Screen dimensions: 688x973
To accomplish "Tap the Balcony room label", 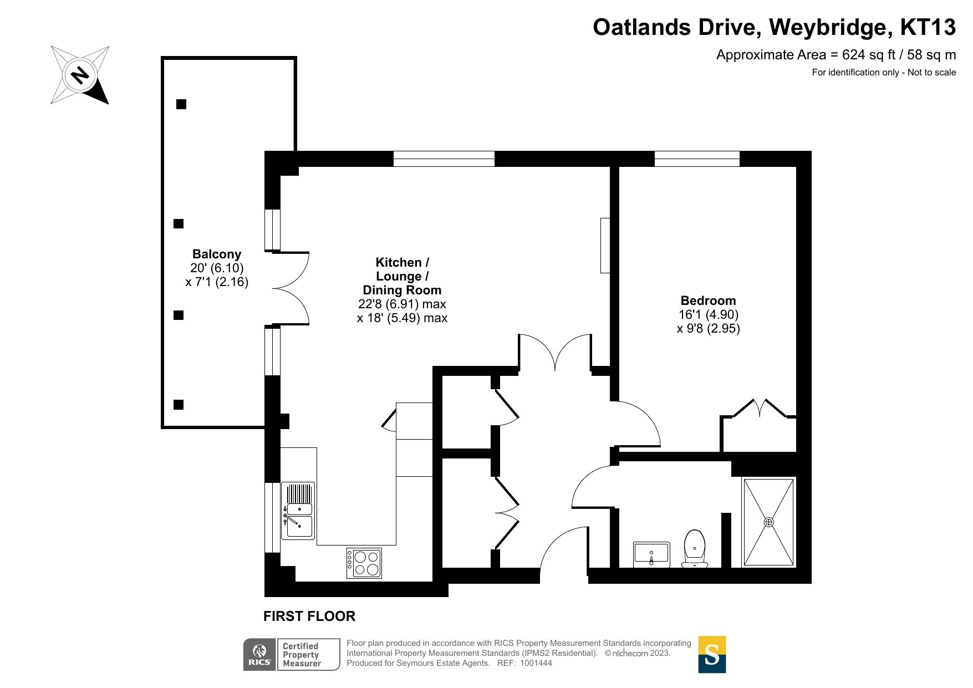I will tap(217, 254).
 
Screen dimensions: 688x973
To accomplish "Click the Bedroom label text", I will tap(708, 301).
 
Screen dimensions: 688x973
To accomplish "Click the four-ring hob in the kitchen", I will tap(364, 563).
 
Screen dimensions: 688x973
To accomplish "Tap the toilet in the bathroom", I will tap(695, 549).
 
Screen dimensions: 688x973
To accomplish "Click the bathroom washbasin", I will tap(651, 554).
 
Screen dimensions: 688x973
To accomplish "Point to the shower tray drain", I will tap(768, 522).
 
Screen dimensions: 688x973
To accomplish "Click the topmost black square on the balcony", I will tap(181, 104).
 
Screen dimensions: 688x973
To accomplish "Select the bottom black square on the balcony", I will tap(179, 405).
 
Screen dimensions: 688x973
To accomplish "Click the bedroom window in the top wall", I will tap(697, 159).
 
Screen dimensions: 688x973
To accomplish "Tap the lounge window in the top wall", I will tap(444, 159).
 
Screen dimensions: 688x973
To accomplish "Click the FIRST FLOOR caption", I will tap(309, 616).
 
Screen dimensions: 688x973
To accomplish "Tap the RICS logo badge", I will tap(259, 655).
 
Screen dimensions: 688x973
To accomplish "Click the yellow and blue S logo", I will tap(712, 655).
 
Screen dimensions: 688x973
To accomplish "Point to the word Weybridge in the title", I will tap(829, 27).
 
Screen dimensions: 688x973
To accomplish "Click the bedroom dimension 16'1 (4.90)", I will tap(708, 315).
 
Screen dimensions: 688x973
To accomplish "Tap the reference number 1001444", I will tap(536, 663).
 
